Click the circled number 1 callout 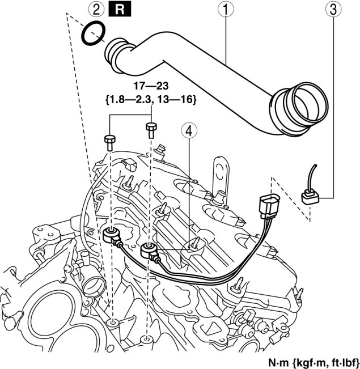(225, 10)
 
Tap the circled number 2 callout (96, 10)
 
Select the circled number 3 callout (333, 10)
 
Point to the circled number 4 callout (189, 131)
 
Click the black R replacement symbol (120, 10)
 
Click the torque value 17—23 (151, 86)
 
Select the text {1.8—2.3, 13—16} (151, 100)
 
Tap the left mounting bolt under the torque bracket (110, 143)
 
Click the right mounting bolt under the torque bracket (151, 130)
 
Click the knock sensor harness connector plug (269, 206)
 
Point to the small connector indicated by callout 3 (310, 197)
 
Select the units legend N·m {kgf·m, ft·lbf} (314, 363)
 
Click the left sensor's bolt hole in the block (113, 323)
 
